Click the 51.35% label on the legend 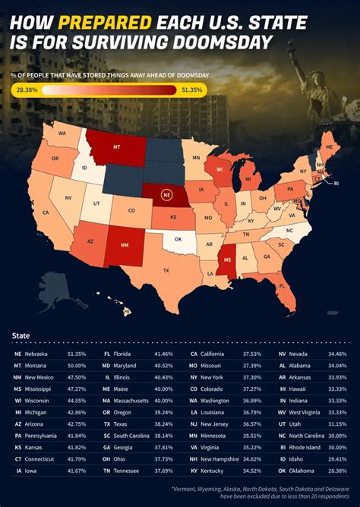tap(191, 90)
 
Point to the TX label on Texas tap(166, 269)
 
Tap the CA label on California tap(46, 213)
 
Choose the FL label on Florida tap(283, 287)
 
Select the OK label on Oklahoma tap(178, 238)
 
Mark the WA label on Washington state tap(62, 134)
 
